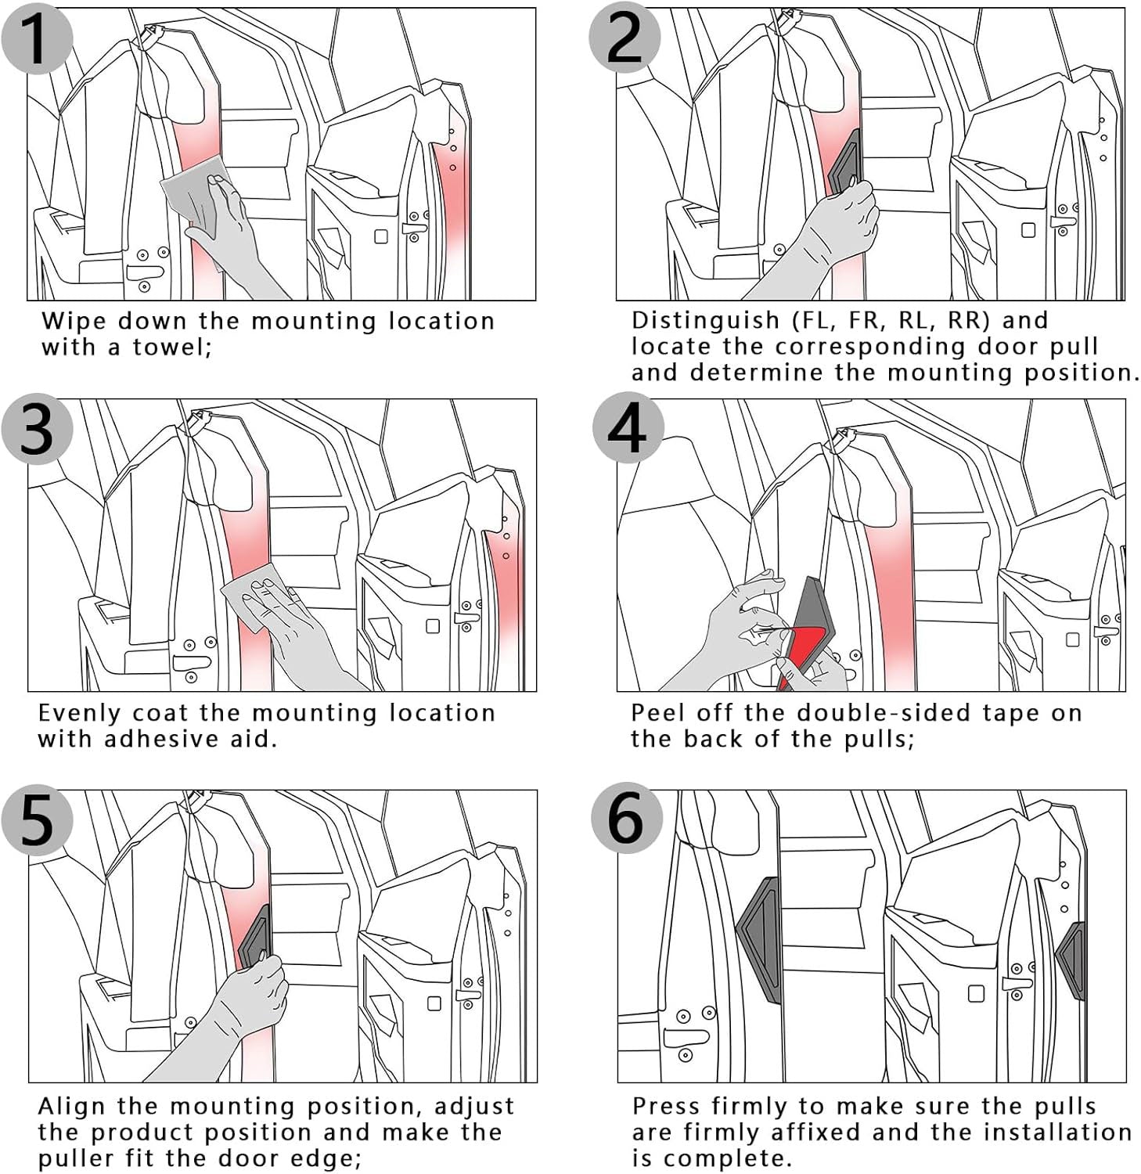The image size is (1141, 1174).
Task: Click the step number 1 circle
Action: [x=37, y=38]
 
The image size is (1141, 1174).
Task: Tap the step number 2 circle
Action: [x=624, y=38]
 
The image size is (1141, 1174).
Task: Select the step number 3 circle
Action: [x=37, y=429]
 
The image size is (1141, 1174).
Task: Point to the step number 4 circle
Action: [x=627, y=429]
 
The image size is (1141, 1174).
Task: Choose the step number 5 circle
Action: [x=37, y=820]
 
